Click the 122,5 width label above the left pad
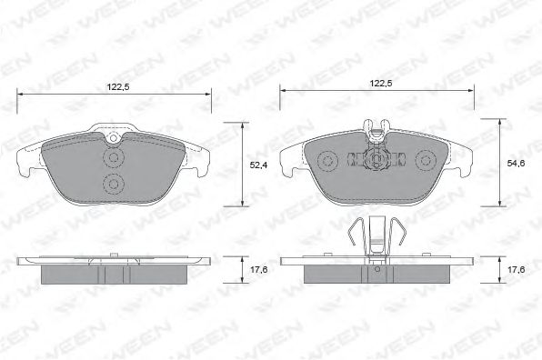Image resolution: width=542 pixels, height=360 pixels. click(x=118, y=87)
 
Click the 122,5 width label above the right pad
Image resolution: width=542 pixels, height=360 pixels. click(x=381, y=84)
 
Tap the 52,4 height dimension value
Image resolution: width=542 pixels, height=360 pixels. click(x=258, y=165)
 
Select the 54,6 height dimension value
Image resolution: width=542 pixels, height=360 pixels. click(x=516, y=164)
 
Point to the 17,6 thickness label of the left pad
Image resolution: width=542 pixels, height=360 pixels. click(x=259, y=269)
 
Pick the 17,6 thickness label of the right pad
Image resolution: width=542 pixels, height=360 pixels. click(x=516, y=269)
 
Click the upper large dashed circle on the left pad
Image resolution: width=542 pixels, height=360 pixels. click(x=113, y=158)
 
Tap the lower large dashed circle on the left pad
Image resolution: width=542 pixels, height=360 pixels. click(x=113, y=184)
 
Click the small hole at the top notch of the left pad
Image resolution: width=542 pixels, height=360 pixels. click(x=113, y=138)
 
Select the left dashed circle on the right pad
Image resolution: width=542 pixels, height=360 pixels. click(x=327, y=161)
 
